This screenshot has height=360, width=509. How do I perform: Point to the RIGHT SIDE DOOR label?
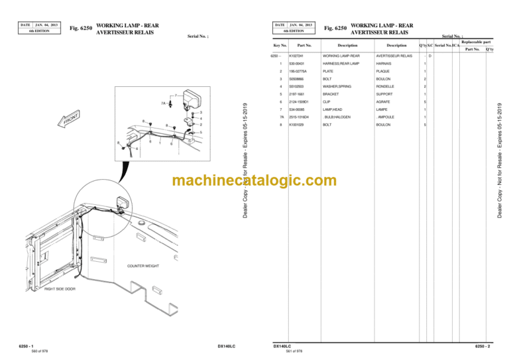coord(60,290)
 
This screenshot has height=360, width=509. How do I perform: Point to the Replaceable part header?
coord(476,42)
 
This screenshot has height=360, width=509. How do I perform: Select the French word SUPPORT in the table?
coord(385,94)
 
